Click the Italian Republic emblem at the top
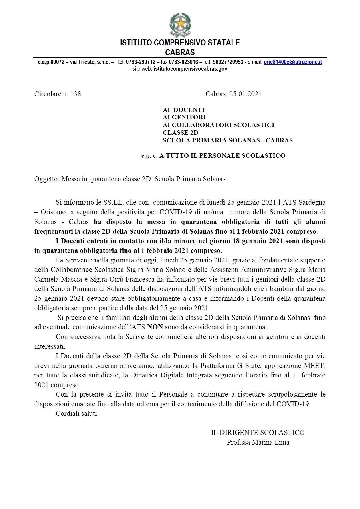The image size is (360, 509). coord(180,25)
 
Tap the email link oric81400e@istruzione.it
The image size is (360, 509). coord(293,62)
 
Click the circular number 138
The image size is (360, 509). coord(76,94)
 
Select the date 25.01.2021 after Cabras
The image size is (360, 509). coord(245,94)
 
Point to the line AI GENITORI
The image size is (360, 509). coord(184,117)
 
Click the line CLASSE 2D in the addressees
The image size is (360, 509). coord(180,133)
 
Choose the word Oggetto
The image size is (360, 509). coord(47,179)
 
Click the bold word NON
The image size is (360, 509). coord(155,327)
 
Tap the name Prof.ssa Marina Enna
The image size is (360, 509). coord(258,442)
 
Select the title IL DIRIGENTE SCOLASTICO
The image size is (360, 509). coord(258,433)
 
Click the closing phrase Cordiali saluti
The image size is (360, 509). coord(77,414)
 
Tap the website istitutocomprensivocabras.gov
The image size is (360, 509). coord(190,69)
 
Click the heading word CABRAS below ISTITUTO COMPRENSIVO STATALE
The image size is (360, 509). coord(180,52)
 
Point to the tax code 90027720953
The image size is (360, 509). coord(228,62)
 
